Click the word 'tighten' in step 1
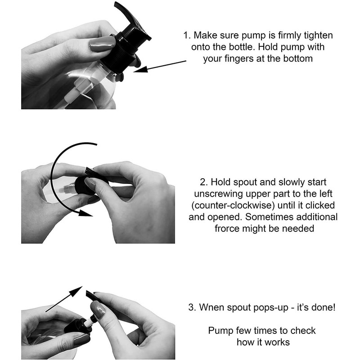tap(318, 36)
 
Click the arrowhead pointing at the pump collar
tap(140, 69)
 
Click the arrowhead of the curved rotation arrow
tap(85, 213)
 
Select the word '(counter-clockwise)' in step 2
tap(233, 206)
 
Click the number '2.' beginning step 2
tap(204, 182)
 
